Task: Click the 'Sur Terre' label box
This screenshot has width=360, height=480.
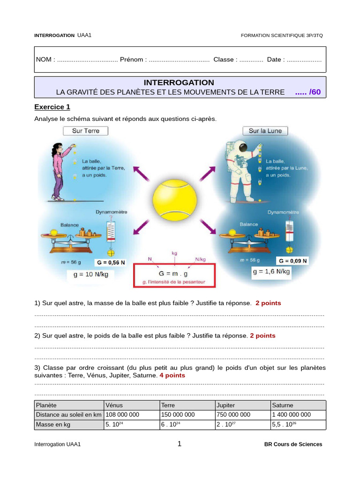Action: coord(85,131)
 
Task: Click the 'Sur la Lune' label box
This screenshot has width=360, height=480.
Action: coord(265,131)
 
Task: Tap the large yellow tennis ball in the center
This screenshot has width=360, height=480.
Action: coord(174,202)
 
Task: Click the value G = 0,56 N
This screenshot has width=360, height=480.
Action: coord(111,262)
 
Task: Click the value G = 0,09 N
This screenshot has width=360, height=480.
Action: coord(292,261)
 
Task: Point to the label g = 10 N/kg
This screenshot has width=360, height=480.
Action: coord(91,275)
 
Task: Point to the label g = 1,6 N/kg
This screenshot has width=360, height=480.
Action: coord(271,271)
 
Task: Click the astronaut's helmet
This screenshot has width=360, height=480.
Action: coord(242,148)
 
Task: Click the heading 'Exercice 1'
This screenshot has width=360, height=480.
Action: coord(52,107)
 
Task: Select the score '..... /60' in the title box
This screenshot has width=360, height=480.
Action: coord(308,92)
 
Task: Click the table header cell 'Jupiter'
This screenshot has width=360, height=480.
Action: coord(226,405)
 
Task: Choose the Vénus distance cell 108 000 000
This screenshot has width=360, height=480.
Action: coord(122,415)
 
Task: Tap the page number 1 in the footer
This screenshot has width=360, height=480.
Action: coord(180,444)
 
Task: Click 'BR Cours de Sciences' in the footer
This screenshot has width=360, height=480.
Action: coord(293,444)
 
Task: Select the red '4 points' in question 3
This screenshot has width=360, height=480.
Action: coord(172,375)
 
